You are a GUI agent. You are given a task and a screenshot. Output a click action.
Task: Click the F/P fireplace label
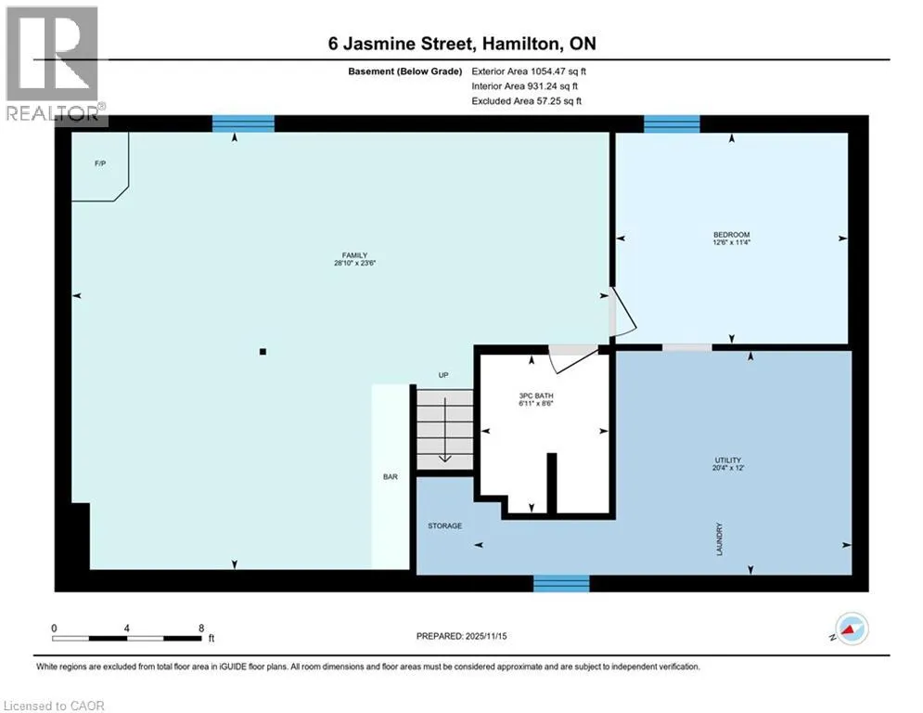pos(100,163)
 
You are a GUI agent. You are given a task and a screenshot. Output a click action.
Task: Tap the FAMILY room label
pos(355,255)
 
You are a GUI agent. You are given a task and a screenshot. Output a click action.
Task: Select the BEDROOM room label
pos(732,235)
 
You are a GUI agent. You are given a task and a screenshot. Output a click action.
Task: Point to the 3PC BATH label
pos(536,396)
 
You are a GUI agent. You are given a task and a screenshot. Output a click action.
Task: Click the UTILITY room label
pos(728,460)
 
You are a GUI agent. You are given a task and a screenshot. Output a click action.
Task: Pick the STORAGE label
pos(445,525)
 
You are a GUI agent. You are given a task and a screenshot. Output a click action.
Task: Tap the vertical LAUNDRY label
pos(719,538)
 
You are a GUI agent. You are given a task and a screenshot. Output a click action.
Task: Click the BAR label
pos(391,476)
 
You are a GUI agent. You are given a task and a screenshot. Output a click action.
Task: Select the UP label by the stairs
pos(443,375)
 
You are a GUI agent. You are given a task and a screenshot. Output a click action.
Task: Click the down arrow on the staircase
pos(445,430)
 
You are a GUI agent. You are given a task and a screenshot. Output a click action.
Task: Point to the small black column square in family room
pos(263,352)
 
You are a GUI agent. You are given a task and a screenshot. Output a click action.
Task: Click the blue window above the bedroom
pos(672,123)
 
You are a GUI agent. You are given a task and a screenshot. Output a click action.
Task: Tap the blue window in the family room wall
pos(243,123)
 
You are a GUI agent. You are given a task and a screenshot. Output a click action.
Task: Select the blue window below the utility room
pos(561,583)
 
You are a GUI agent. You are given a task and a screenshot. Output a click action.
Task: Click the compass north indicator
pos(852,629)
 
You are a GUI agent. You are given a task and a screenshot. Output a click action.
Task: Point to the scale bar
pos(127,638)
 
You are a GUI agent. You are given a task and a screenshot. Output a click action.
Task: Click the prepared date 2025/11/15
pos(486,636)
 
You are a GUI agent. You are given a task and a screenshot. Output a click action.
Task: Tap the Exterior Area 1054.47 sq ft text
pos(529,71)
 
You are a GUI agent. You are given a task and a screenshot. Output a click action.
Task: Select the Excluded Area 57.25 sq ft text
pos(526,101)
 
